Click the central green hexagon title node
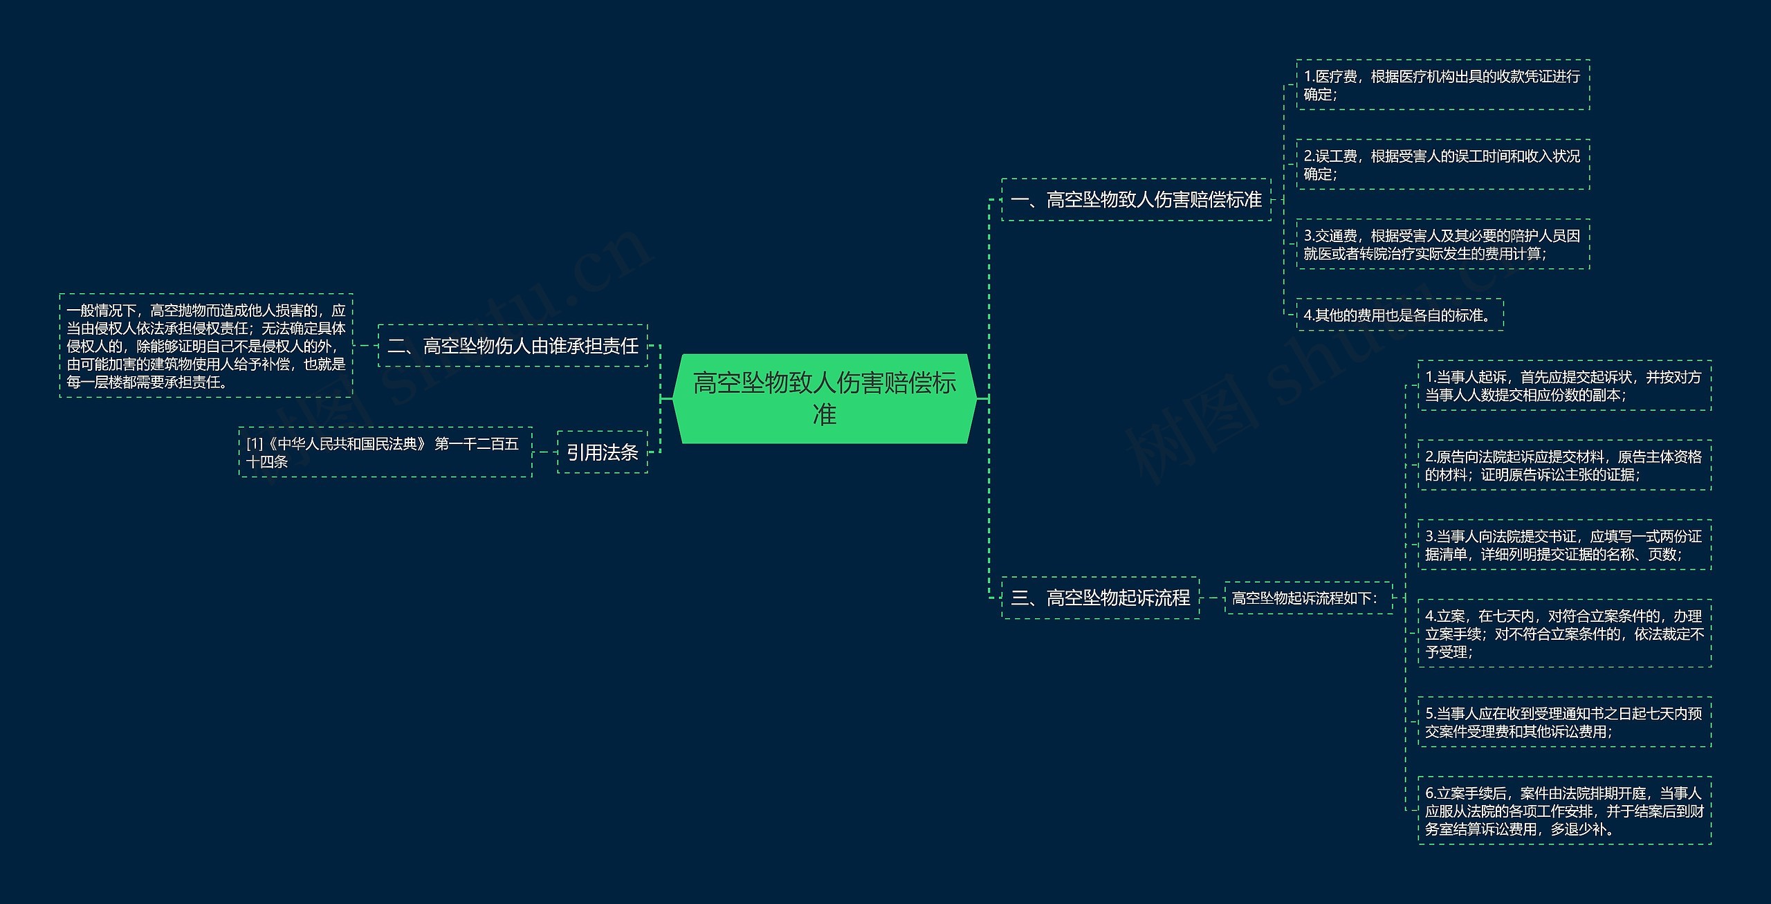click(x=825, y=398)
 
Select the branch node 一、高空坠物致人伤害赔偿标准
click(x=1136, y=200)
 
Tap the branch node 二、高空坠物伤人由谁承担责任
click(x=513, y=346)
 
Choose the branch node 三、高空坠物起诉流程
click(x=1100, y=598)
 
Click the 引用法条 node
click(x=602, y=452)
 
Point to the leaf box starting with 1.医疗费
click(x=1442, y=85)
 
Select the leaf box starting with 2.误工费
click(x=1442, y=165)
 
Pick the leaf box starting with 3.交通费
click(x=1442, y=244)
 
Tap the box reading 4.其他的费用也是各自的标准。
click(x=1400, y=315)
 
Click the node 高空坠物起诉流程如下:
click(x=1307, y=598)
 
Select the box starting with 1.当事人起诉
click(x=1564, y=386)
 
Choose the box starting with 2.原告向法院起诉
click(x=1564, y=465)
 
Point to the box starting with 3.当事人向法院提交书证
click(x=1564, y=545)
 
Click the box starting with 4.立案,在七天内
click(x=1564, y=634)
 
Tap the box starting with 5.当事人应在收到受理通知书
click(x=1564, y=722)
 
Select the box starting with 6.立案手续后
click(x=1564, y=811)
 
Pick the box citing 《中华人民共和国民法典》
click(x=385, y=452)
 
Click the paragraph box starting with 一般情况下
click(x=206, y=346)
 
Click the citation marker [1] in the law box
click(x=255, y=444)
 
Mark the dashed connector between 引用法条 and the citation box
click(x=544, y=452)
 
